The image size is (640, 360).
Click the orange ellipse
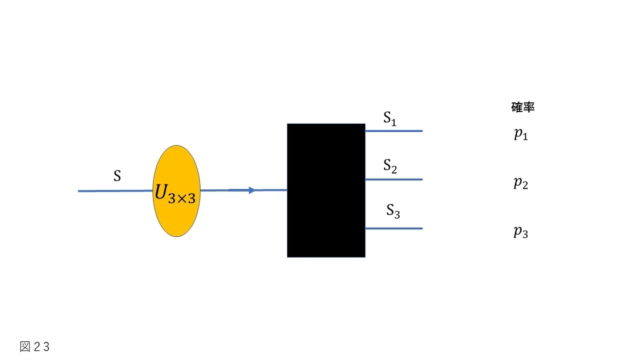(177, 191)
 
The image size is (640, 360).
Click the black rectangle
(326, 190)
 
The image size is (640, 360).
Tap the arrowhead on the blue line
(252, 190)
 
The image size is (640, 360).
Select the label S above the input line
(117, 175)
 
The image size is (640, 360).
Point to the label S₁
(390, 118)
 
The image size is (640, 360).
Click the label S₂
(390, 166)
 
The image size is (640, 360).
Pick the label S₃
(393, 211)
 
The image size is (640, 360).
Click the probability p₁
(521, 134)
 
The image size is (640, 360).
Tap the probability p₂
(521, 183)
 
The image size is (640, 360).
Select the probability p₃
(521, 231)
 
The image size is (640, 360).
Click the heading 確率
(523, 107)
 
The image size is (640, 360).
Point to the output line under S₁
(394, 131)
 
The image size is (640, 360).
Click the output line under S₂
(394, 179)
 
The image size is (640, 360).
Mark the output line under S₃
(394, 229)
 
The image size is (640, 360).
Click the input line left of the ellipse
(115, 191)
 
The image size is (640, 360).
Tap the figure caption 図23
(35, 347)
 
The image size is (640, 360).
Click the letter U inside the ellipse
(161, 192)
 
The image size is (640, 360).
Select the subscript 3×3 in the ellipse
(182, 198)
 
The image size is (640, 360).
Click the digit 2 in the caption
(37, 347)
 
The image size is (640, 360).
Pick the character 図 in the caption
(25, 347)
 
